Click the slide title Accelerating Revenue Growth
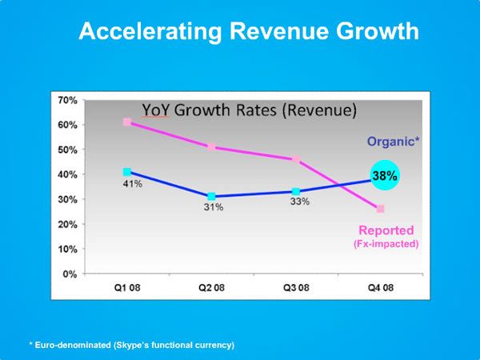(248, 32)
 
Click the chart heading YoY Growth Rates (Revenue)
(249, 110)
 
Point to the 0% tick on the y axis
(70, 274)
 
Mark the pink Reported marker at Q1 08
(127, 122)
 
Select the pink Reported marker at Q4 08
(380, 209)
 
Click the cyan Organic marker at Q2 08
(211, 197)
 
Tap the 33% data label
(298, 202)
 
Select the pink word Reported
(386, 230)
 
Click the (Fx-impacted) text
(386, 243)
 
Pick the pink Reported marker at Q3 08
(296, 159)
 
